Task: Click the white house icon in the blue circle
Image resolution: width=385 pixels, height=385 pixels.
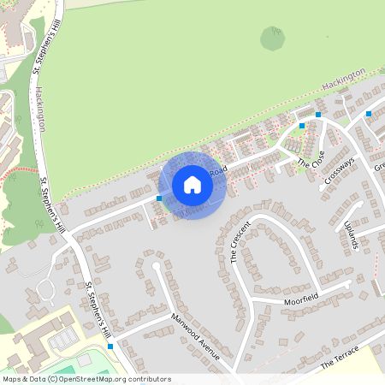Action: pos(192,184)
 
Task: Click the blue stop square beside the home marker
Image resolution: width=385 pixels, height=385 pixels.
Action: pos(160,198)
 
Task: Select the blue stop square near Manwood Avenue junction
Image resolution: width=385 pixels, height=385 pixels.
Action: pos(110,346)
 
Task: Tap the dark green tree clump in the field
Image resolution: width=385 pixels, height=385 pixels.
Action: pos(273,38)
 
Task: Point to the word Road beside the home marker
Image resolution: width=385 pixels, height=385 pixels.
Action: pos(217,171)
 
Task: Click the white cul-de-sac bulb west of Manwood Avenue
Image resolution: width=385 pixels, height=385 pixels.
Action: pos(155,266)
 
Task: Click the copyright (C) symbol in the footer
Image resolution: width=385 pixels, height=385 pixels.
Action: pos(52,379)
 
